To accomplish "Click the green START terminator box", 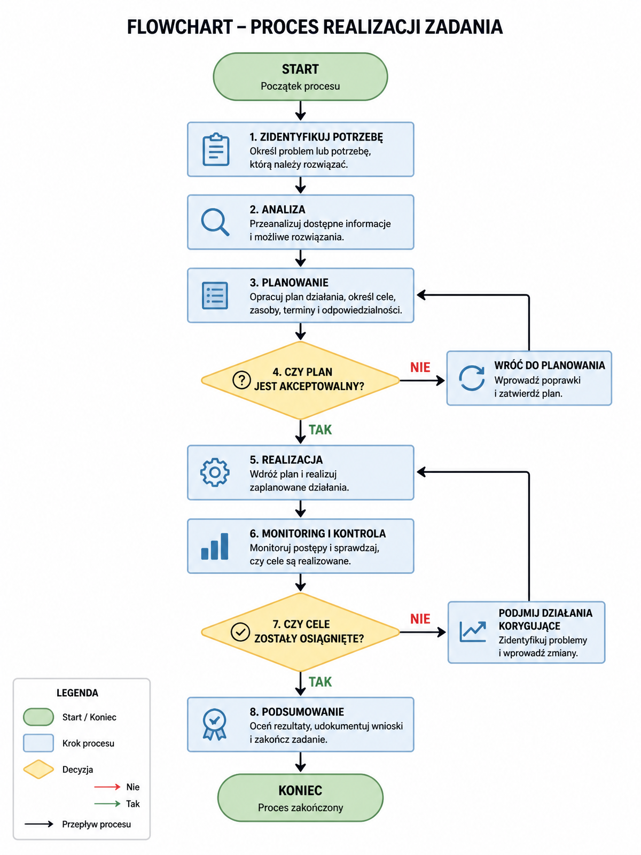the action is click(x=300, y=77).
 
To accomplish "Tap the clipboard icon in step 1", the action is click(x=216, y=150).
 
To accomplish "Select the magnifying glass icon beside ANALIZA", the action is click(x=215, y=222).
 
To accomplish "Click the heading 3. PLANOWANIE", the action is click(x=289, y=282).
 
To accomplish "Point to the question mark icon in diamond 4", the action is click(x=241, y=379).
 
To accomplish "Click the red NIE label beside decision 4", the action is click(x=420, y=367).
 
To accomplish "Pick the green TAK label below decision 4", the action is click(x=320, y=430).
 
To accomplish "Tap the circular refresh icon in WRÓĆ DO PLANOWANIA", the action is click(x=471, y=378).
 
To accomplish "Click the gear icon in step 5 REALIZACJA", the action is click(x=215, y=472).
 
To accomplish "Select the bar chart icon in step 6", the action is click(x=214, y=546).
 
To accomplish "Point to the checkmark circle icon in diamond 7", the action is click(x=240, y=632).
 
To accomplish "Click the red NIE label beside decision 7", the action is click(x=420, y=619).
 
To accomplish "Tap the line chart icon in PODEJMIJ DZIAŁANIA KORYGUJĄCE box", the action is click(x=473, y=632).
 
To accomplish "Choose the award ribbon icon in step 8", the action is click(x=214, y=724).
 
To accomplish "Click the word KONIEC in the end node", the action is click(x=300, y=790).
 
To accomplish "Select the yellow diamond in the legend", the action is click(x=38, y=770).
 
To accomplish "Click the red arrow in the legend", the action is click(x=107, y=787).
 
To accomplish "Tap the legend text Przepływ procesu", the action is click(x=96, y=824).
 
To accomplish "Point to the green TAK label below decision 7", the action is click(x=320, y=682).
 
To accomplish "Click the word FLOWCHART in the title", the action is click(x=180, y=27).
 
